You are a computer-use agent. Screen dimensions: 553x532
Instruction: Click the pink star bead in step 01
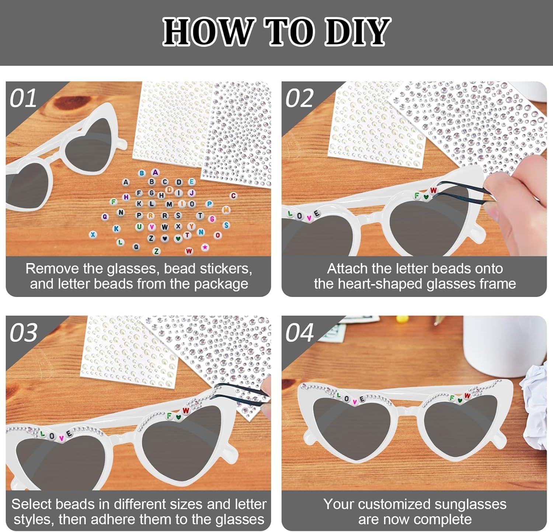[205, 247]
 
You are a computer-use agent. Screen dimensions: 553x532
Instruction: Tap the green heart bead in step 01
[178, 238]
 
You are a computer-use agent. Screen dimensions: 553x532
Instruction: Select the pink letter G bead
[212, 219]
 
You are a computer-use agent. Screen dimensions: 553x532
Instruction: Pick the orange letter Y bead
[191, 226]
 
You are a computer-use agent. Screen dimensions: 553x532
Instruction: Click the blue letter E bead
[191, 182]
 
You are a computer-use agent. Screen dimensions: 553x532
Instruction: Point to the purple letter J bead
[192, 192]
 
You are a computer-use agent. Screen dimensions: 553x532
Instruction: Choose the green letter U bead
[139, 227]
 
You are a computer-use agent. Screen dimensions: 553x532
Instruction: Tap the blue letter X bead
[93, 235]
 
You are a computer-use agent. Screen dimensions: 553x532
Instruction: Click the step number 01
[23, 98]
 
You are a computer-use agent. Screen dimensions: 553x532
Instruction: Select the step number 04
[299, 333]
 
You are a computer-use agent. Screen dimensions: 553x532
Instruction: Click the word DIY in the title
[357, 32]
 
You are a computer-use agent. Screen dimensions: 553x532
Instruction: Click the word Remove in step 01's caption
[52, 269]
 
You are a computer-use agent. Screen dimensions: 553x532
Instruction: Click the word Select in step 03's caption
[32, 504]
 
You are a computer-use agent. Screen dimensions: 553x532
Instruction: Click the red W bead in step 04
[467, 396]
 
